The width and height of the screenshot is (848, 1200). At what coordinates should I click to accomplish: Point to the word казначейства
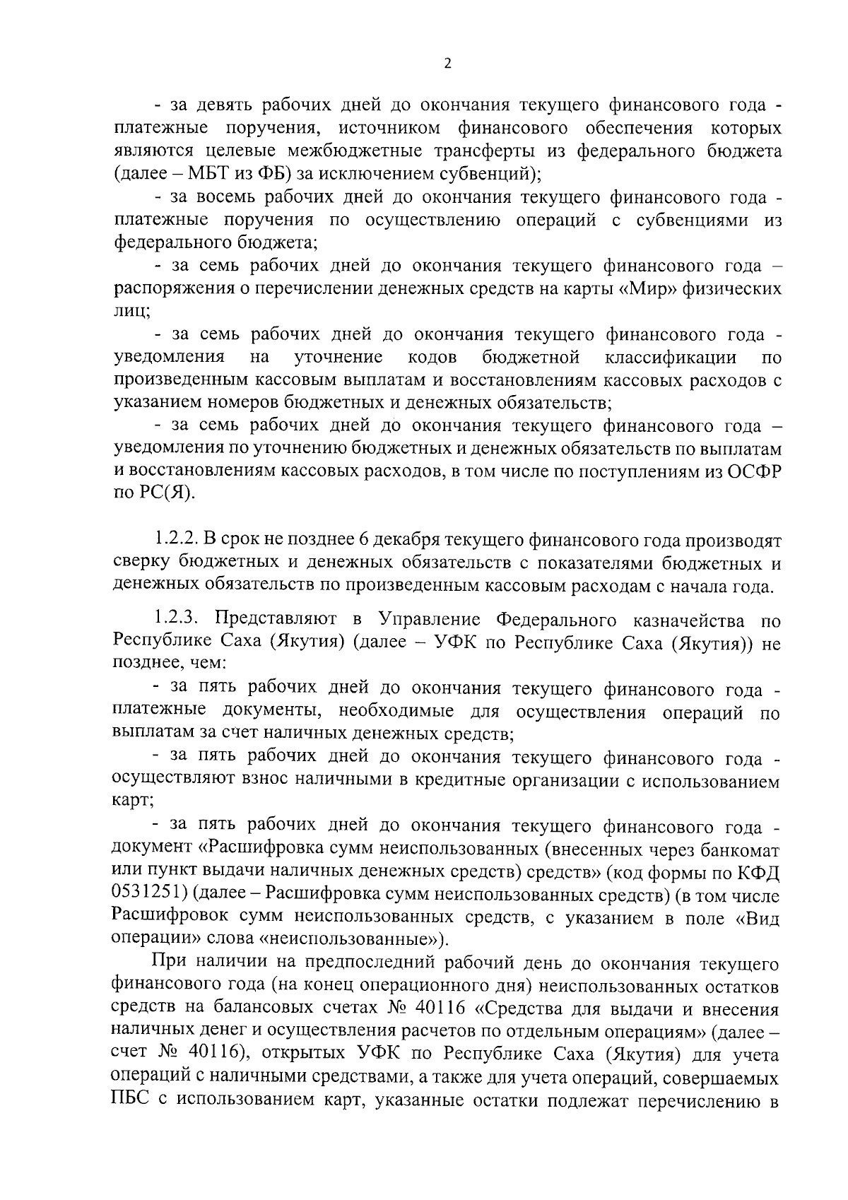(x=686, y=620)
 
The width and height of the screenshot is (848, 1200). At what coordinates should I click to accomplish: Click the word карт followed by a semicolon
(x=132, y=804)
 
